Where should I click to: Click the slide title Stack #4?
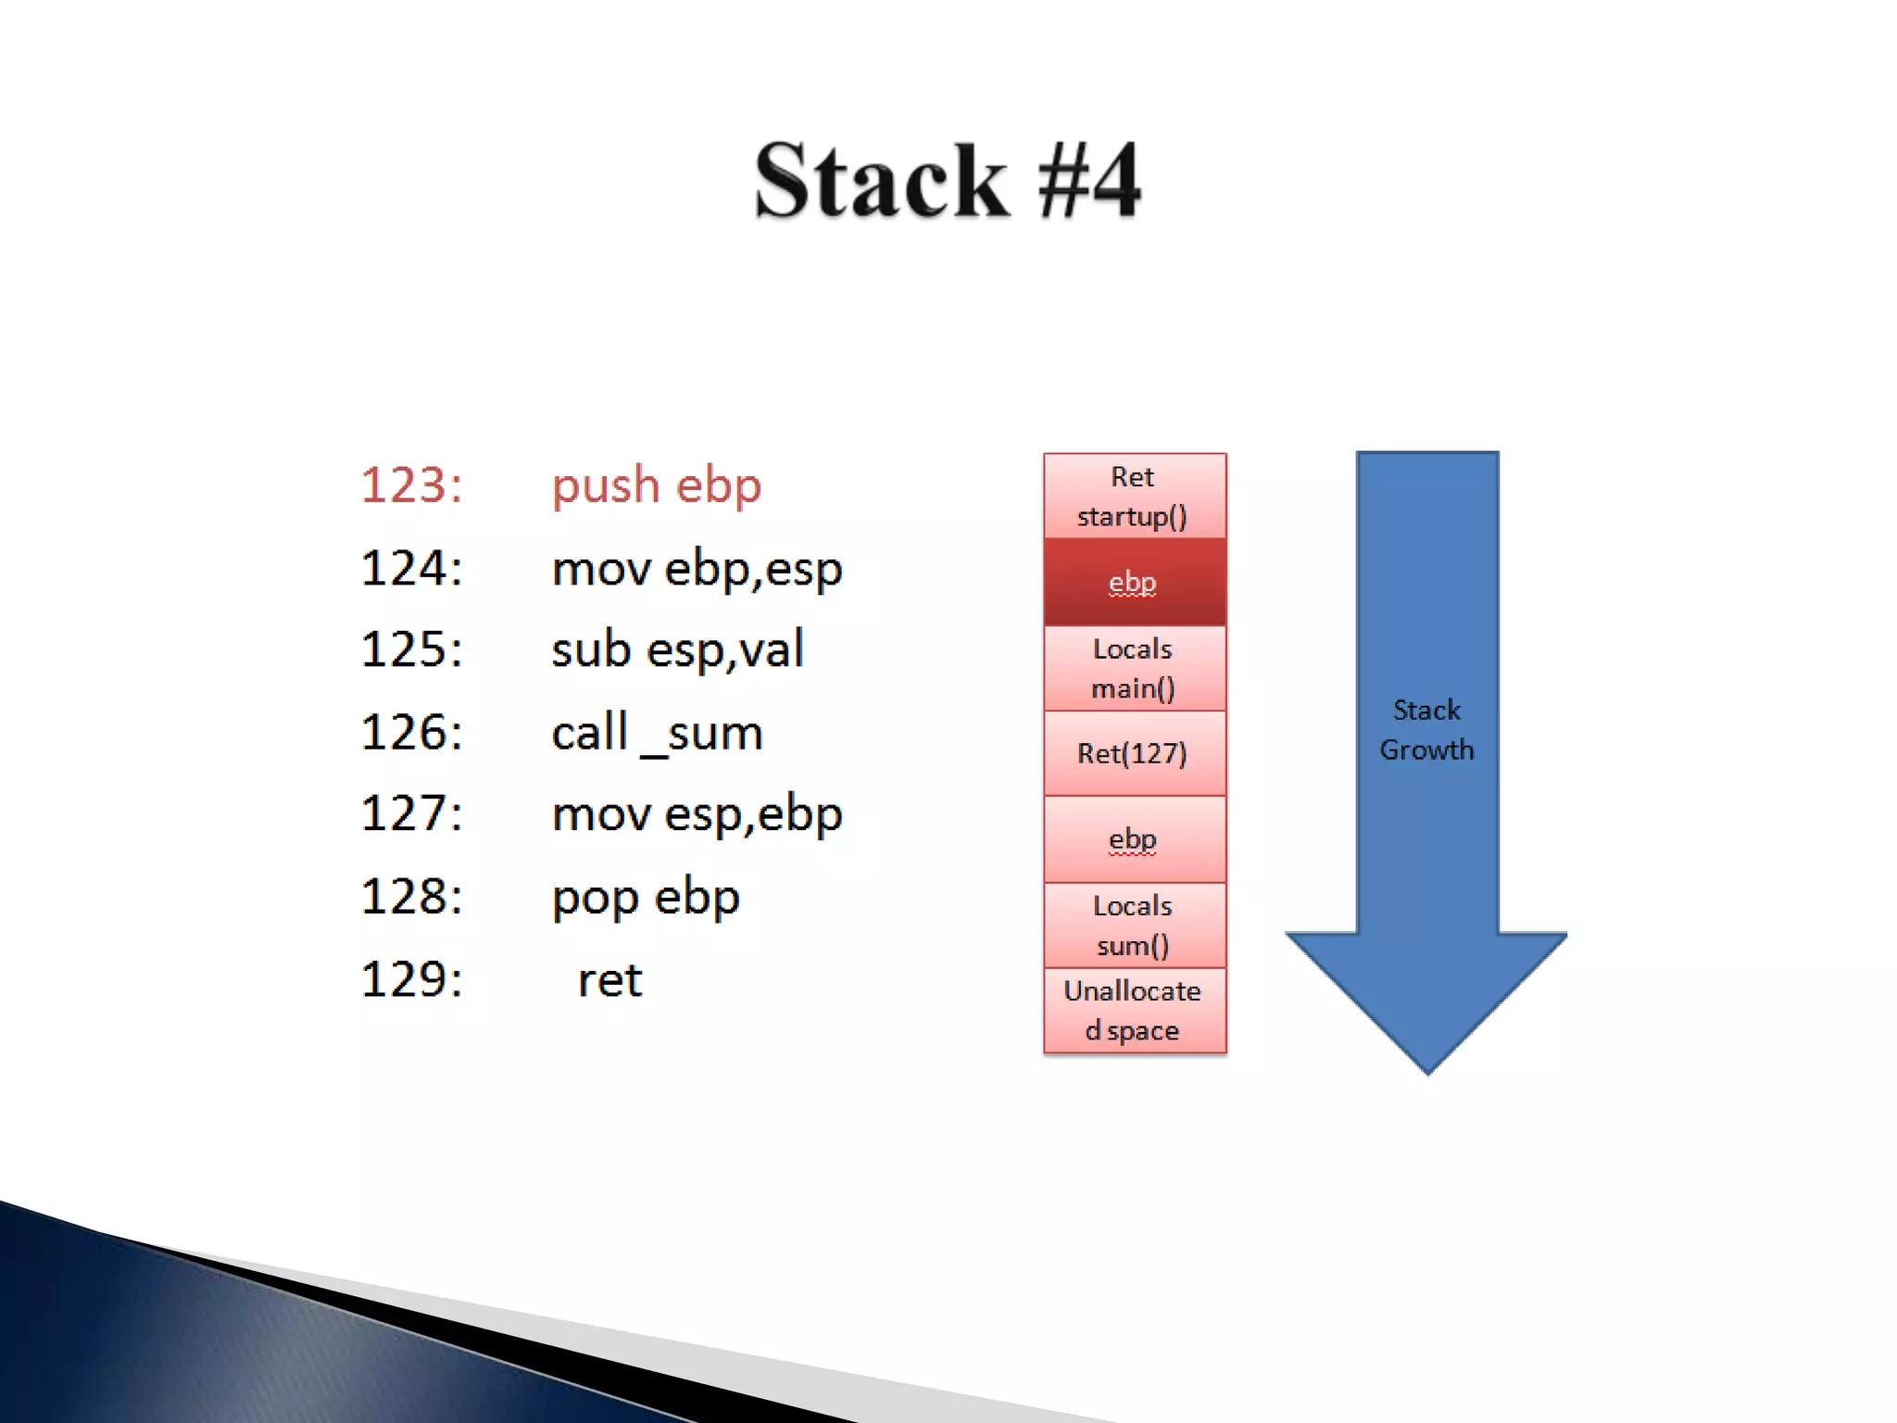948,181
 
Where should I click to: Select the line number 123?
411,485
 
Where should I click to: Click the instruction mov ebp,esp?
697,569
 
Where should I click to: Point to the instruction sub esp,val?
677,649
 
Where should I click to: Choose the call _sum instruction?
657,734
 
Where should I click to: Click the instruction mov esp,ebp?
697,815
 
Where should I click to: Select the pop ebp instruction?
646,898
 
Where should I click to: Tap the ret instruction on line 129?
609,980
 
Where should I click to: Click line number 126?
411,733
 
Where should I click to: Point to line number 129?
411,980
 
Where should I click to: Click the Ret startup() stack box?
1134,497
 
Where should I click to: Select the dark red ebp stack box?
1134,582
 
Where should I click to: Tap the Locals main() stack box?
1134,668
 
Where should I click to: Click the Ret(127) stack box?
1134,753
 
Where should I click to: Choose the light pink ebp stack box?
1134,839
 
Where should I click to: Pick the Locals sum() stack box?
1134,925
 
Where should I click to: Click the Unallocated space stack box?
1134,1011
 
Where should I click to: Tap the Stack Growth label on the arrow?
1426,730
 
